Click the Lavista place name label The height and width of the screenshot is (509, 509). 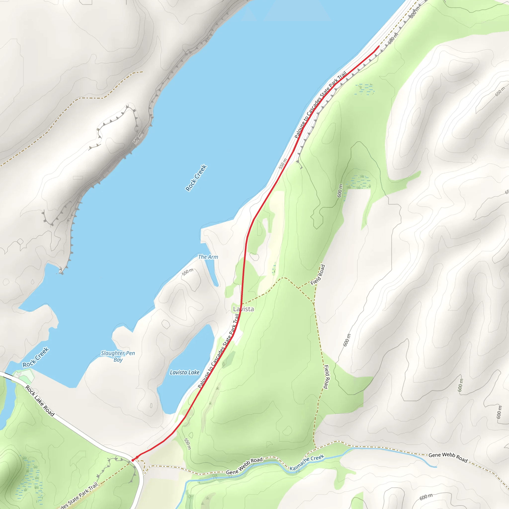pos(243,309)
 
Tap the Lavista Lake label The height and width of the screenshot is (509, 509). pos(184,372)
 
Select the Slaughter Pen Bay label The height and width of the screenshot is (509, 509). pos(118,356)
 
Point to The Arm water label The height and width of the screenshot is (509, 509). pos(208,257)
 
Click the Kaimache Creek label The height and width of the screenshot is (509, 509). pos(307,463)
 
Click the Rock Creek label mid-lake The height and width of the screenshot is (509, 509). pos(196,178)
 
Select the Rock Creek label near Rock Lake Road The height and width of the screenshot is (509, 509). pos(36,357)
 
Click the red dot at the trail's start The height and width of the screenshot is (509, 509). pos(133,460)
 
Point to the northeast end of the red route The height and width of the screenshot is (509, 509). pos(379,46)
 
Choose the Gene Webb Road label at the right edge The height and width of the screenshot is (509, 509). pos(448,457)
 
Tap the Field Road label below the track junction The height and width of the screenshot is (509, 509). pos(326,377)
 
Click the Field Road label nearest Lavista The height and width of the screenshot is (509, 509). pos(318,275)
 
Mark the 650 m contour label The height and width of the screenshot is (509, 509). pos(500,91)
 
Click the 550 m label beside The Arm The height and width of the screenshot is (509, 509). pos(188,272)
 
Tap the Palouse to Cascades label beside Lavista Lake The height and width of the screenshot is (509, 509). pos(219,351)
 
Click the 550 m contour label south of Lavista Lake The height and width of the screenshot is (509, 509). pos(187,444)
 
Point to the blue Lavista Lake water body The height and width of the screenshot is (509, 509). pos(184,390)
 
